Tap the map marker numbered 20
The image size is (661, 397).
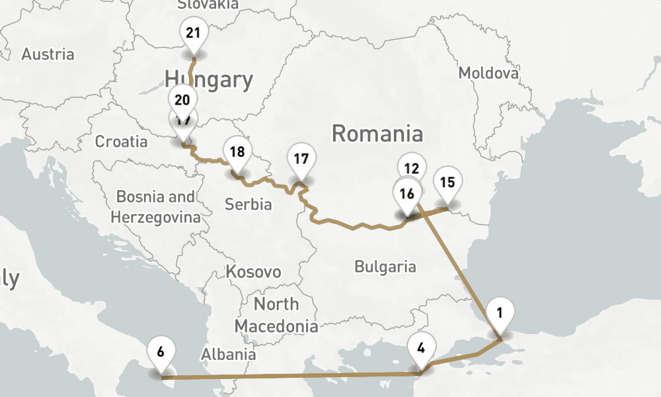[182, 100]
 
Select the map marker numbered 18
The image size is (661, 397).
[237, 152]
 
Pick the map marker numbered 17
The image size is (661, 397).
[301, 159]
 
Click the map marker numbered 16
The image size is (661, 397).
[407, 193]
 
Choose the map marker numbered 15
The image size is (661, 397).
[447, 182]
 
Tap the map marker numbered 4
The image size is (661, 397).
[422, 346]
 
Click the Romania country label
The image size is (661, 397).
[377, 133]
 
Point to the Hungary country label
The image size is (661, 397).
[209, 79]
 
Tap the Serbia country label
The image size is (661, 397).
[248, 204]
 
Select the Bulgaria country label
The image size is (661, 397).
[385, 267]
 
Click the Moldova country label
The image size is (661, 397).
[488, 73]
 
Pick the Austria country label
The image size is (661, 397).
[48, 54]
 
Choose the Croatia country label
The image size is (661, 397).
[122, 141]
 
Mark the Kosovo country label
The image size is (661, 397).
[253, 272]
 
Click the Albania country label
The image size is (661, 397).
[229, 353]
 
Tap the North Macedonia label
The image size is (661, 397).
[276, 315]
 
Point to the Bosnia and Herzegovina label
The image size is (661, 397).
[155, 206]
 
